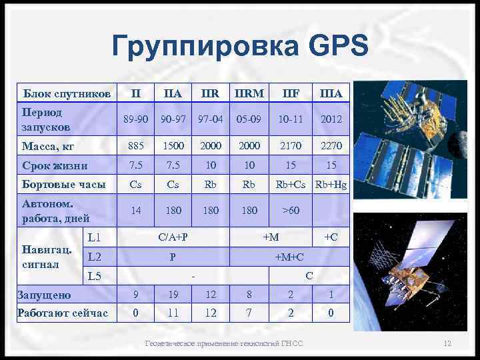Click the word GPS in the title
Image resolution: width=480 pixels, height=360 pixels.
click(x=329, y=47)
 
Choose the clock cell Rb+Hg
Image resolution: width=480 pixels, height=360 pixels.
click(x=331, y=185)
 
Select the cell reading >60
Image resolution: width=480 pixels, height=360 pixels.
click(x=291, y=211)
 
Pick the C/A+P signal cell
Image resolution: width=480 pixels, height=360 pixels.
click(x=173, y=237)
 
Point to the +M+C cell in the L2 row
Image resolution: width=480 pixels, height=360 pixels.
click(x=289, y=256)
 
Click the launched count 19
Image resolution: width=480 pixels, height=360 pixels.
click(x=173, y=294)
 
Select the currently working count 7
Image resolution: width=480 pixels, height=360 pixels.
click(x=249, y=313)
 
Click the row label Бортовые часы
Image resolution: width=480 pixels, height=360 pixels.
click(x=63, y=185)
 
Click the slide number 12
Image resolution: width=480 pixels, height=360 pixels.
click(x=447, y=343)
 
